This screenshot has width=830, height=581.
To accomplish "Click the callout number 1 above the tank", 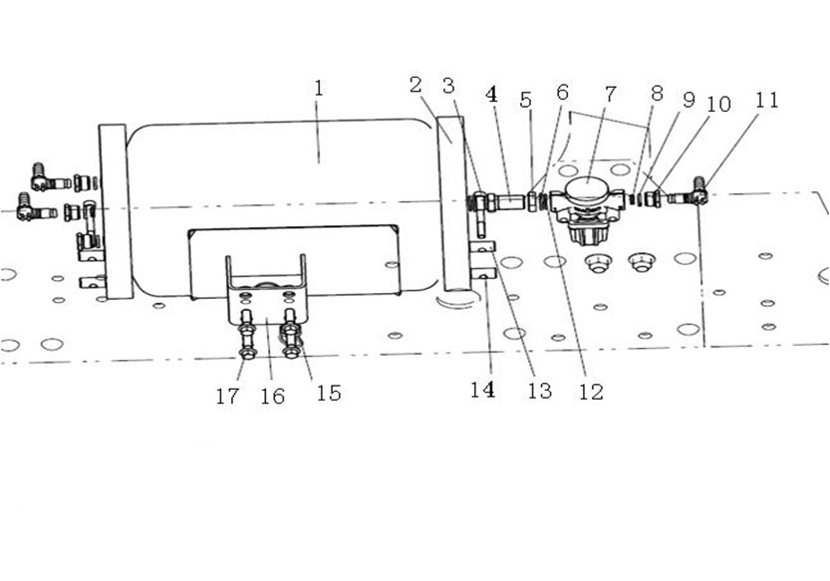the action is (x=318, y=88).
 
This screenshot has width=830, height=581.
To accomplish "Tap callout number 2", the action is (x=415, y=85).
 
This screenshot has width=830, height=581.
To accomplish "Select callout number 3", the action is (x=448, y=86).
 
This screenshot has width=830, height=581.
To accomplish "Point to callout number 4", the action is (x=492, y=95).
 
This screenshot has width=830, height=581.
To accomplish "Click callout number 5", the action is (x=526, y=99).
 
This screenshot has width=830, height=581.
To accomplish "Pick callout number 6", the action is (x=563, y=92).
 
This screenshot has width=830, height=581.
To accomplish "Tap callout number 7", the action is (x=611, y=95).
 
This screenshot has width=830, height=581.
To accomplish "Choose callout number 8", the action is (x=657, y=94).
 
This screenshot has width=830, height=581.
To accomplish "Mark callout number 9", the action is (x=689, y=100).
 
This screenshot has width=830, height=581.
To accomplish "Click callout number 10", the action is (x=718, y=104).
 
